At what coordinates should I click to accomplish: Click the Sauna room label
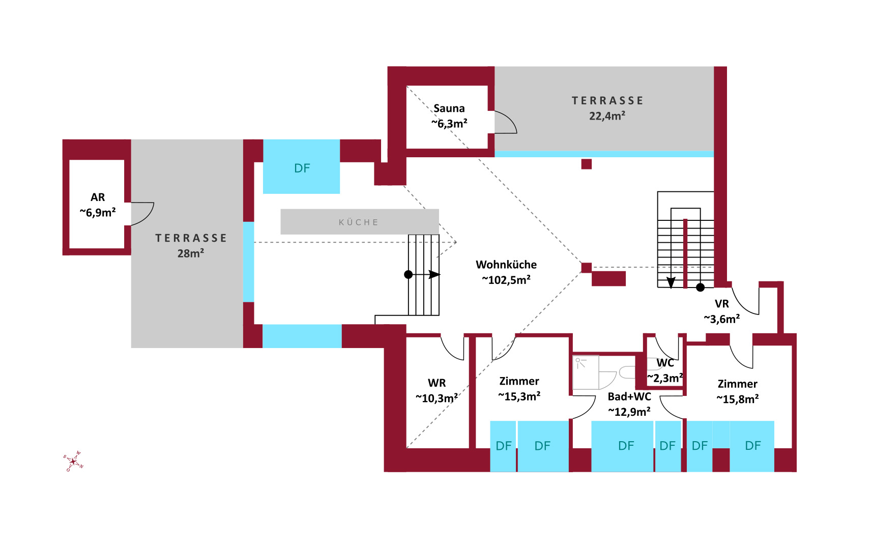(x=449, y=108)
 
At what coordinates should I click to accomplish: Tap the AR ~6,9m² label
(x=98, y=205)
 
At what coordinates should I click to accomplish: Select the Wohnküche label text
(x=506, y=265)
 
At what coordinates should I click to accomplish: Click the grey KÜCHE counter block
(x=359, y=222)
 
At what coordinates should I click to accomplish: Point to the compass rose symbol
(x=73, y=461)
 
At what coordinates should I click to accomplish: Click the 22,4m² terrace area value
(x=607, y=116)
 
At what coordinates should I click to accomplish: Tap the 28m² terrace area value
(x=190, y=253)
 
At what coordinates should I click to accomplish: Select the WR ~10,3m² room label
(x=437, y=391)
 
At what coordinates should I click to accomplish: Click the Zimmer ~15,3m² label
(x=519, y=389)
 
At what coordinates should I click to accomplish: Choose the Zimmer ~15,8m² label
(x=737, y=391)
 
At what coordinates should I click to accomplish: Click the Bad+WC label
(x=629, y=397)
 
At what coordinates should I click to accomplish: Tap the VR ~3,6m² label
(x=721, y=311)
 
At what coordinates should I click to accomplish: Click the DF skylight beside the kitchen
(x=301, y=167)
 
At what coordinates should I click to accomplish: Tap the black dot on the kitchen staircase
(x=408, y=275)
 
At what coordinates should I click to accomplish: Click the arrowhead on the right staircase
(x=671, y=283)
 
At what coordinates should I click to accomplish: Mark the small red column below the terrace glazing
(x=586, y=164)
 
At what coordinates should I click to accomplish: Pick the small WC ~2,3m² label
(x=665, y=370)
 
